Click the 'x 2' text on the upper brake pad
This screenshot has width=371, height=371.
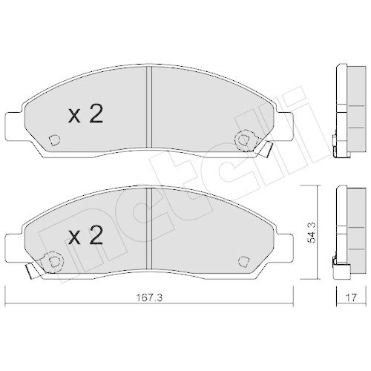point(85,115)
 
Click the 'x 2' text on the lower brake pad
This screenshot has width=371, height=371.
point(85,236)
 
